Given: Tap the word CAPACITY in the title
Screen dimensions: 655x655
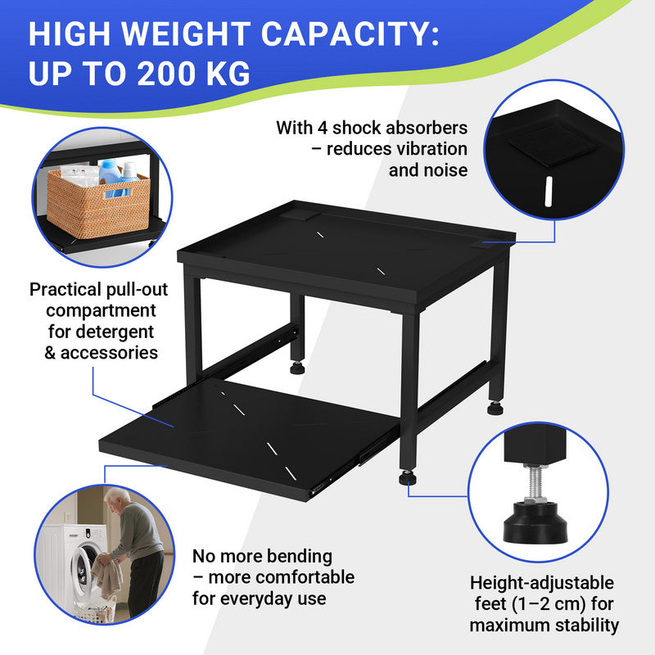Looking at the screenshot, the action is pyautogui.click(x=350, y=34).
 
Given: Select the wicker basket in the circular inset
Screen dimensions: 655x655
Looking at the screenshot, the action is pyautogui.click(x=98, y=203).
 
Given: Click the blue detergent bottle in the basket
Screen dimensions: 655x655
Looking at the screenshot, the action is pyautogui.click(x=110, y=175).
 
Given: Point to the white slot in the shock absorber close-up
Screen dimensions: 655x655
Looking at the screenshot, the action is pyautogui.click(x=549, y=192).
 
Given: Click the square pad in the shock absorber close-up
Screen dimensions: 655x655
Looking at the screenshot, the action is pyautogui.click(x=552, y=145).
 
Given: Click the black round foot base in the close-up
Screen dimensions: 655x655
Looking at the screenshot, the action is pyautogui.click(x=536, y=523).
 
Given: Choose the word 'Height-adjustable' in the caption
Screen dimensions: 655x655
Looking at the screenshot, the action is pyautogui.click(x=542, y=584).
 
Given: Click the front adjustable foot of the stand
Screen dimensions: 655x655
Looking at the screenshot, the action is pyautogui.click(x=406, y=477).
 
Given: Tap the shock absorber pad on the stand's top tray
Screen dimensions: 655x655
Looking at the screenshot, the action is pyautogui.click(x=299, y=215).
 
